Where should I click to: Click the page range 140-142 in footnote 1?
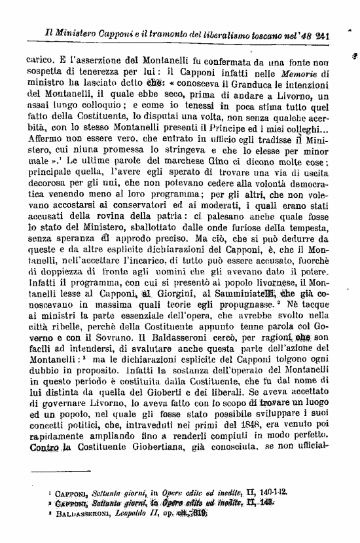point(270,489)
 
